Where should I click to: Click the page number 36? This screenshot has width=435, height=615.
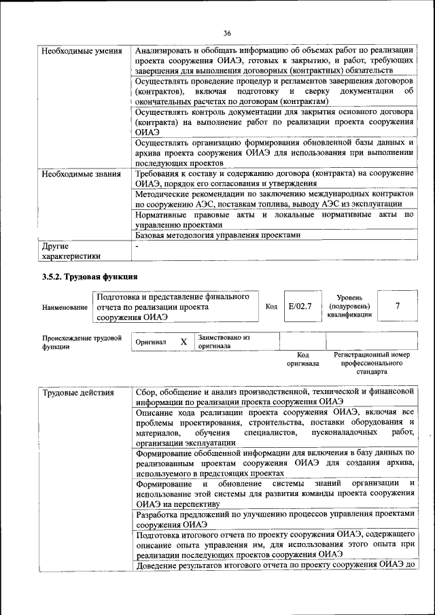[x=228, y=33]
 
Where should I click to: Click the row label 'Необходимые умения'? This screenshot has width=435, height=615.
[x=82, y=52]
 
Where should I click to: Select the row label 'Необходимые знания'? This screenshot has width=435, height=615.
[x=82, y=173]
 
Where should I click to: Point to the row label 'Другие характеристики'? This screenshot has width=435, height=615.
[x=71, y=251]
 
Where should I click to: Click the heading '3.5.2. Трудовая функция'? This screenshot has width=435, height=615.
[x=90, y=277]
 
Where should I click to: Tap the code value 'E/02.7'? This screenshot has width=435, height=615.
[x=300, y=306]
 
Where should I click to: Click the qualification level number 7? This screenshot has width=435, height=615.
[x=397, y=306]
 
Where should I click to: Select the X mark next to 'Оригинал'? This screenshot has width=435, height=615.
[x=184, y=342]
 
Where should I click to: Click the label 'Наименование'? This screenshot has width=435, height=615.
[x=65, y=307]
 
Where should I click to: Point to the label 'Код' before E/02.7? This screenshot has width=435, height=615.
[x=271, y=306]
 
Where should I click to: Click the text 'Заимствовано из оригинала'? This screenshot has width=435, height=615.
[x=224, y=341]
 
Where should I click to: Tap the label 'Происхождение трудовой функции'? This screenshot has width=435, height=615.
[x=82, y=342]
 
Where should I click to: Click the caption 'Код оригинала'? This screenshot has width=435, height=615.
[x=302, y=359]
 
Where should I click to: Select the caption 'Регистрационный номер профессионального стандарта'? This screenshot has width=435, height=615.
[x=371, y=364]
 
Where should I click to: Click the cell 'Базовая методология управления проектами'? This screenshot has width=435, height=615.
[x=217, y=235]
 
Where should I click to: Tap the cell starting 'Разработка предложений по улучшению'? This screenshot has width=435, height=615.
[x=274, y=519]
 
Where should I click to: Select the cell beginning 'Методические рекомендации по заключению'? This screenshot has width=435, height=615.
[x=274, y=198]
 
